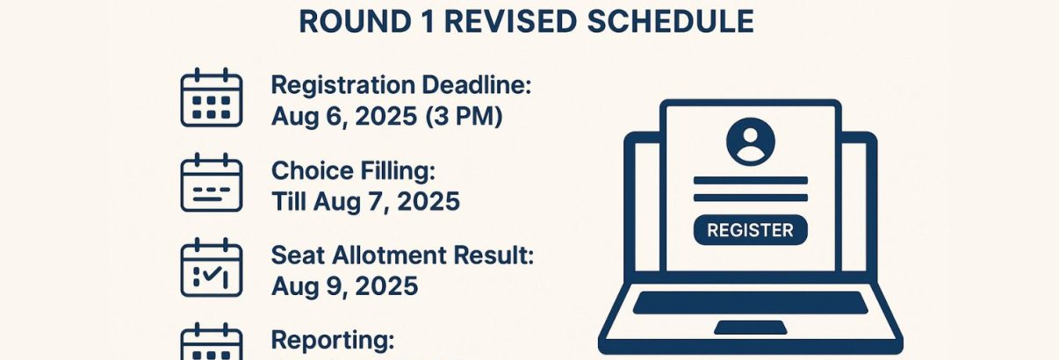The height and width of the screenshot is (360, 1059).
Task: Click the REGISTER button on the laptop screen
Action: [x=750, y=230]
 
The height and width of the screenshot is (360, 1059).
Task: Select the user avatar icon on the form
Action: [x=751, y=141]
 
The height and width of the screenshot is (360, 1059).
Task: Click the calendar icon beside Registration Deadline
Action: [x=211, y=97]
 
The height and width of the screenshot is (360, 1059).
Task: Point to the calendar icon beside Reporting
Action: [x=211, y=343]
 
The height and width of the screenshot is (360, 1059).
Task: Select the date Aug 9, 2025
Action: [x=344, y=285]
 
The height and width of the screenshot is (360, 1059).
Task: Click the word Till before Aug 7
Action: [x=291, y=201]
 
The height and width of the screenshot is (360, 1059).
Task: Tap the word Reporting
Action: [x=333, y=340]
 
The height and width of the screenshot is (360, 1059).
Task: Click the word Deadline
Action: [x=478, y=85]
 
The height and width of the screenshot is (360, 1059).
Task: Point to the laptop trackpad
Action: [x=750, y=328]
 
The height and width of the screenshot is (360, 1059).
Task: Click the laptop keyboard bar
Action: [x=750, y=303]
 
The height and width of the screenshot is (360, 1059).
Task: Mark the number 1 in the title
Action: [x=400, y=22]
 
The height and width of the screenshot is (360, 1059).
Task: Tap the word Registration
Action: [x=343, y=85]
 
